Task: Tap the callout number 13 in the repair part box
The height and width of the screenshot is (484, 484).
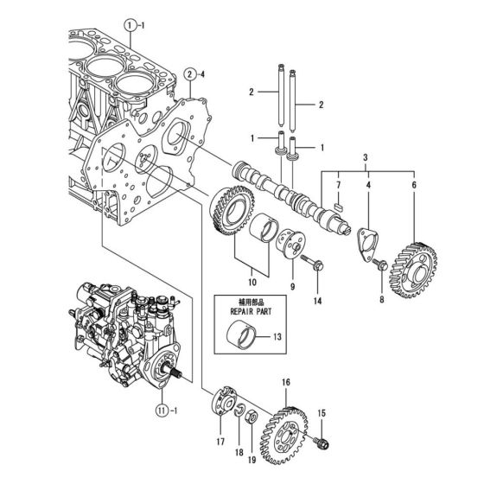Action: (277, 336)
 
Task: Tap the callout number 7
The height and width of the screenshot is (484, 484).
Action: (339, 186)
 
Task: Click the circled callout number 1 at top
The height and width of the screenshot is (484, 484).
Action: (129, 27)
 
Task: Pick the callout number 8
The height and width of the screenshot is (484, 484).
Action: (381, 300)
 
